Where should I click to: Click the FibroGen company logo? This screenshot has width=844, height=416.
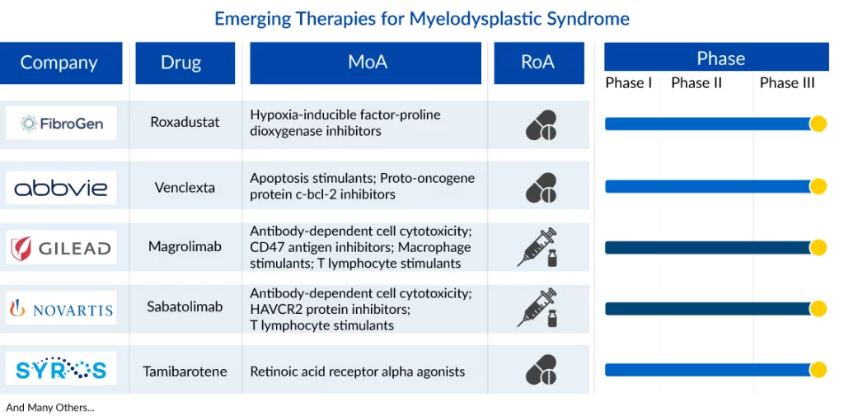click(61, 124)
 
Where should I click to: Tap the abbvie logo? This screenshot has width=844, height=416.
click(61, 188)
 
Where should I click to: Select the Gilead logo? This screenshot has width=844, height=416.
click(61, 248)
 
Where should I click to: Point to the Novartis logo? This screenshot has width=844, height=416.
click(61, 308)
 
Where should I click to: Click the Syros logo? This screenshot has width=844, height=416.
click(61, 369)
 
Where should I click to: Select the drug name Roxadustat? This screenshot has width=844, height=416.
click(185, 122)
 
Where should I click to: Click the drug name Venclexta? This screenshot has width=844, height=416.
click(185, 187)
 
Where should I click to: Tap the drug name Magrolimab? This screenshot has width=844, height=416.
click(185, 246)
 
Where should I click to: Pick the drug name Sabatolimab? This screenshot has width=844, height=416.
click(185, 306)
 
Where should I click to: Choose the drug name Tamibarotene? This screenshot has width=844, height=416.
click(185, 372)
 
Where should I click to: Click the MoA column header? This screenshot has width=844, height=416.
click(365, 63)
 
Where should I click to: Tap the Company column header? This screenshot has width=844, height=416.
click(59, 63)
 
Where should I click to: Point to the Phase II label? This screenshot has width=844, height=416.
click(696, 83)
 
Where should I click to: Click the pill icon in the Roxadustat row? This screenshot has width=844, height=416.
click(541, 125)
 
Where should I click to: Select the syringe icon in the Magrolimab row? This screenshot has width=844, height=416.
click(537, 248)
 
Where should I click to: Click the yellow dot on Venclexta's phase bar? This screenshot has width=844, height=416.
click(818, 186)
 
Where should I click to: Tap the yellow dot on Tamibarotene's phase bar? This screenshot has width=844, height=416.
click(818, 370)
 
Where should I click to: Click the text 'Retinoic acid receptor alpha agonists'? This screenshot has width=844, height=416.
click(358, 372)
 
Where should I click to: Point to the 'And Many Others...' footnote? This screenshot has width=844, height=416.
click(50, 408)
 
